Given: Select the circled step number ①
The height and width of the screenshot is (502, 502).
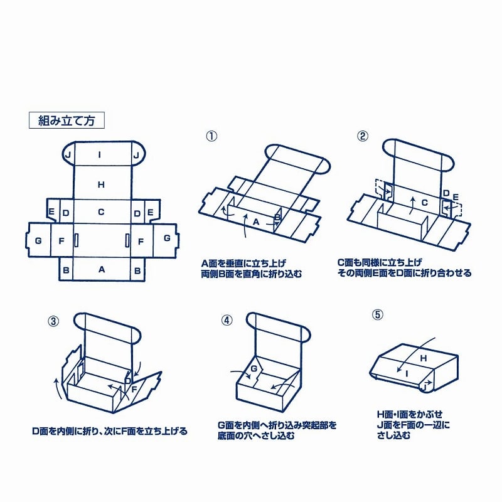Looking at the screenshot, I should [x=211, y=136].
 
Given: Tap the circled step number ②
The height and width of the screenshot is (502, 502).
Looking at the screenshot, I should [x=362, y=136].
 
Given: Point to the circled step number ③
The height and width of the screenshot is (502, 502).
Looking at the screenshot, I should [x=53, y=321].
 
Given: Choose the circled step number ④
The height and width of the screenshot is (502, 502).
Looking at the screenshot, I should [x=227, y=320].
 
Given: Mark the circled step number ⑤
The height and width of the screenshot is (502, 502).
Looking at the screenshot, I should [x=377, y=314].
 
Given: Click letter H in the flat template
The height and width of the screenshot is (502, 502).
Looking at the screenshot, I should [x=101, y=184].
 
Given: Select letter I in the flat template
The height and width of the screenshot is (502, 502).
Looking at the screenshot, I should [x=100, y=155].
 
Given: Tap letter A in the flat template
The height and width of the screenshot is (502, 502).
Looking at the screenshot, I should [x=101, y=270].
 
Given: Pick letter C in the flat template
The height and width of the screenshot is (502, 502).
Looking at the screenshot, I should [x=101, y=212].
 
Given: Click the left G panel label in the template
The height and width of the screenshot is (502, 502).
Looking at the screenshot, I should [x=38, y=240].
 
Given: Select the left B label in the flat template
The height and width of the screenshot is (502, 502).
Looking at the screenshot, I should [x=66, y=270].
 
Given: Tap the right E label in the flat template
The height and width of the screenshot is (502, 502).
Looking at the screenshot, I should [x=150, y=212].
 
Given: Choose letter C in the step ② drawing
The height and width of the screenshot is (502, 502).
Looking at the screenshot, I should [x=424, y=203].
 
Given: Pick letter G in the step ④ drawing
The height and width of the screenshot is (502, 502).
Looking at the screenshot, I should [x=254, y=368].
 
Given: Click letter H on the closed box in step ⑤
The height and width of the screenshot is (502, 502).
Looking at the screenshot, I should [x=423, y=358].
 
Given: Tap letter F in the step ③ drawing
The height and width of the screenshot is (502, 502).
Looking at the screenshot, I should [x=134, y=389].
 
